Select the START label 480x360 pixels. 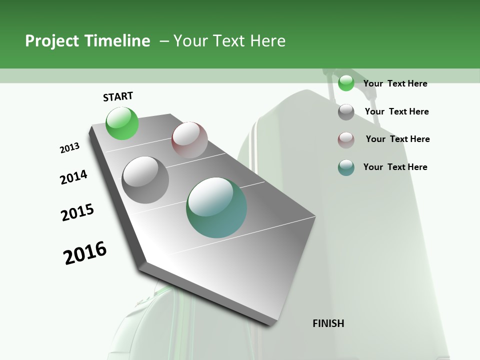118,96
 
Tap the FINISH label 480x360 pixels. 328,323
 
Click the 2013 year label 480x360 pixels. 69,148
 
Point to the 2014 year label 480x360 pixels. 73,177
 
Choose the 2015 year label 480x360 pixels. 77,212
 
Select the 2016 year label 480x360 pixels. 85,252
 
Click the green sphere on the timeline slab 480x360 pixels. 122,123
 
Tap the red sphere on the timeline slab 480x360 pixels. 189,140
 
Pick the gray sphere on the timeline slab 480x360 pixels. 145,179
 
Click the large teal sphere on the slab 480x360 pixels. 216,207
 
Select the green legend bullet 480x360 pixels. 346,83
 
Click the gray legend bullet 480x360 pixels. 346,112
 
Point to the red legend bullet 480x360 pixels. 346,140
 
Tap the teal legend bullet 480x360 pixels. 346,167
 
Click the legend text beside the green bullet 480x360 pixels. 395,83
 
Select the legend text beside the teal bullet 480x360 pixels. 395,167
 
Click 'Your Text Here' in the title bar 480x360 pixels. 229,41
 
